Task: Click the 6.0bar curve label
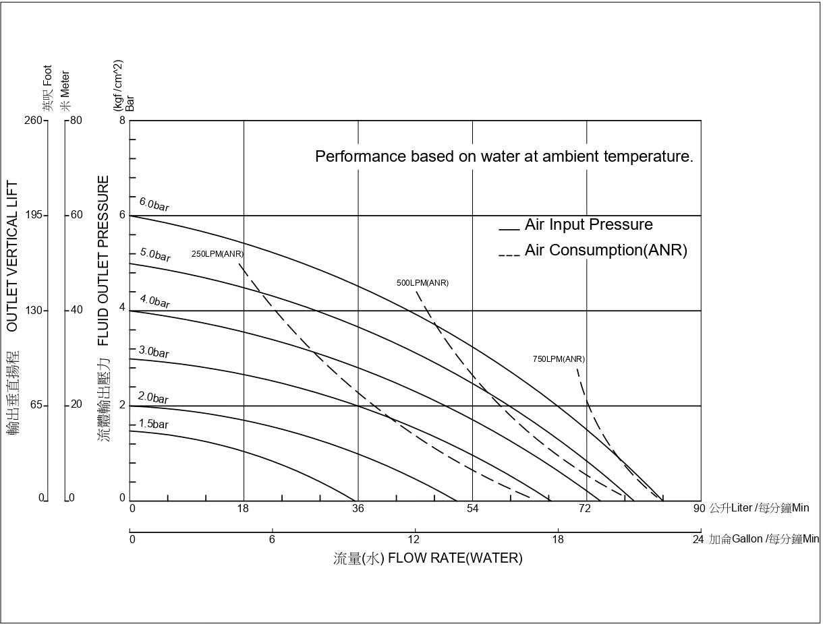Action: (154, 204)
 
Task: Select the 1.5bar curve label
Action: (153, 424)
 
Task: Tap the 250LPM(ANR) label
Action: (217, 254)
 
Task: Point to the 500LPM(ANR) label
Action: (422, 283)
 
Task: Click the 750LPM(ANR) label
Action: (559, 359)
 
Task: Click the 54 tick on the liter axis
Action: (472, 509)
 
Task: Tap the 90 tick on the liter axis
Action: (699, 509)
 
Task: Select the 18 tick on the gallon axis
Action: (558, 539)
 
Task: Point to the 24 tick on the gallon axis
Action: (698, 539)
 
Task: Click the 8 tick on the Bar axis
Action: (122, 120)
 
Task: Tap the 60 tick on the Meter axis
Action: (76, 215)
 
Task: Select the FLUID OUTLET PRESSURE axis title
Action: (103, 260)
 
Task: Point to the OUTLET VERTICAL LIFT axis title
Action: (12, 256)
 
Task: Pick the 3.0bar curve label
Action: (154, 352)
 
